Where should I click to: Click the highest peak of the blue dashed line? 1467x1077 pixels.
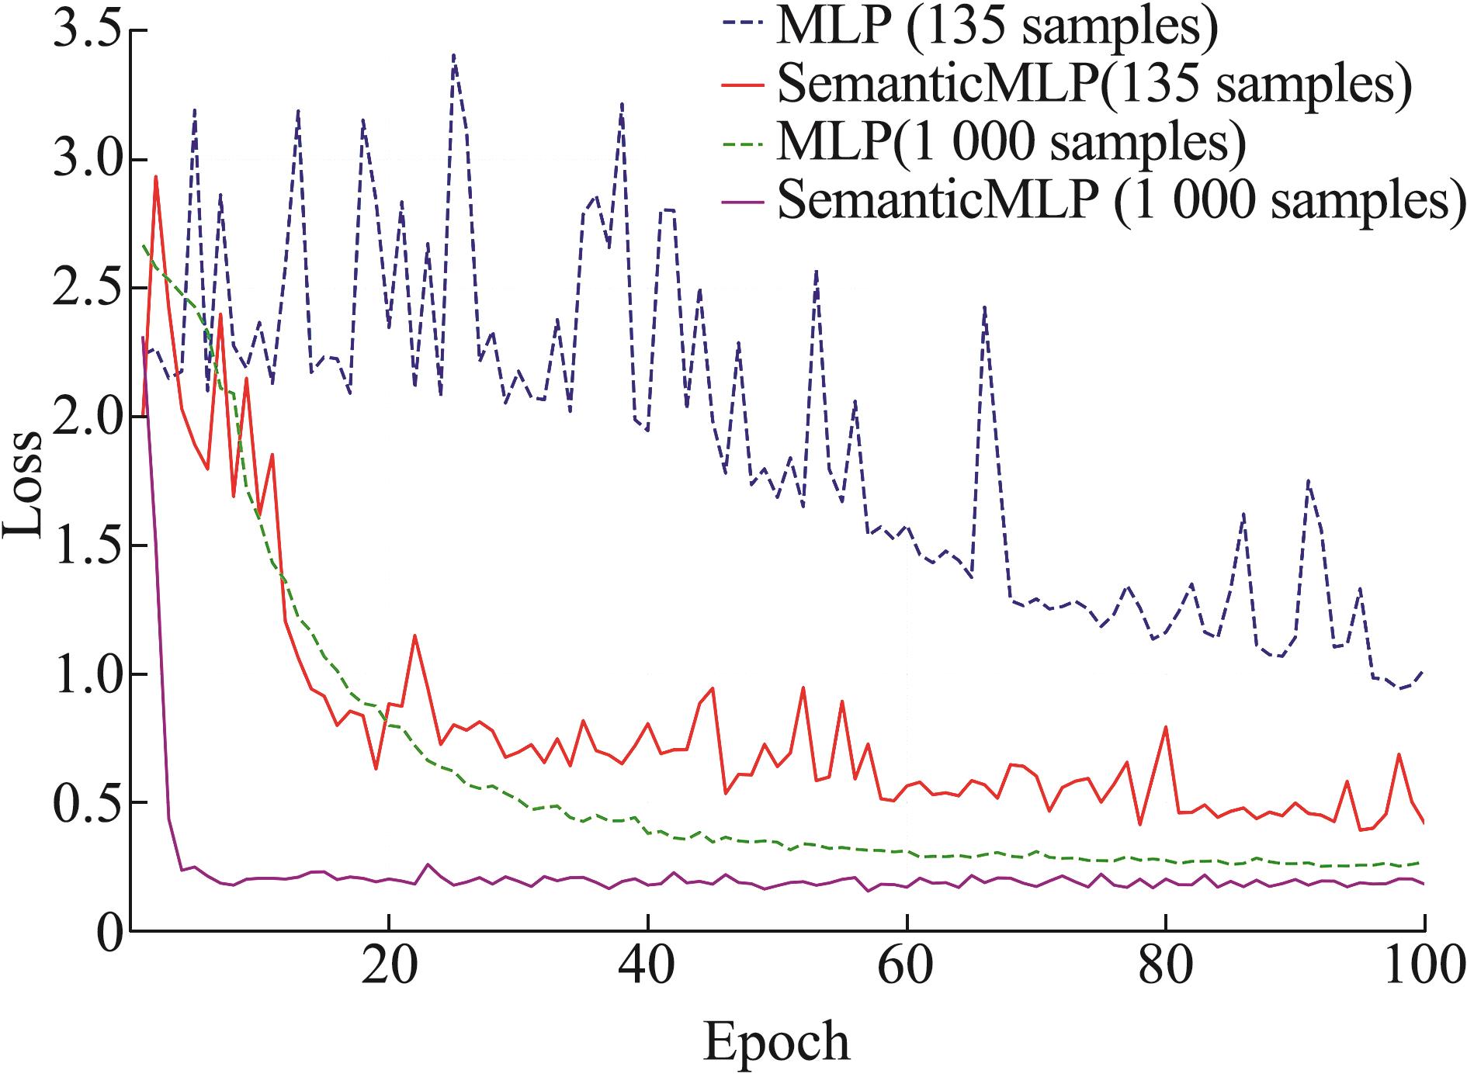453,56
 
